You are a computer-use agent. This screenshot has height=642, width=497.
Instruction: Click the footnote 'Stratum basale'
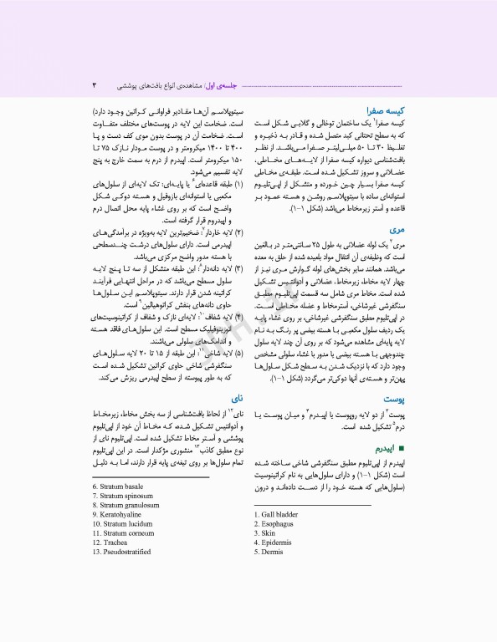click(x=123, y=486)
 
